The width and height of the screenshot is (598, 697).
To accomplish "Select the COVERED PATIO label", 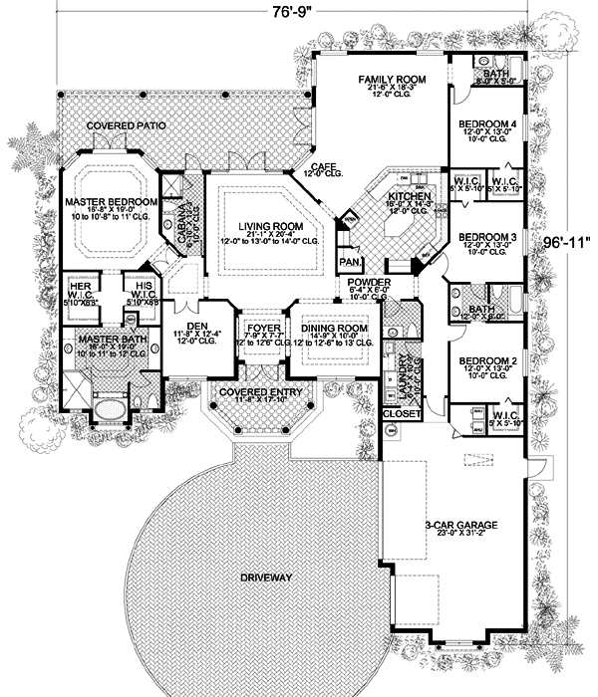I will click(125, 126).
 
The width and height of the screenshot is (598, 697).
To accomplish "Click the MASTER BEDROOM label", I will click(112, 202).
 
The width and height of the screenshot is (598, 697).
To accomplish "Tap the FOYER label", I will click(258, 327).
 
